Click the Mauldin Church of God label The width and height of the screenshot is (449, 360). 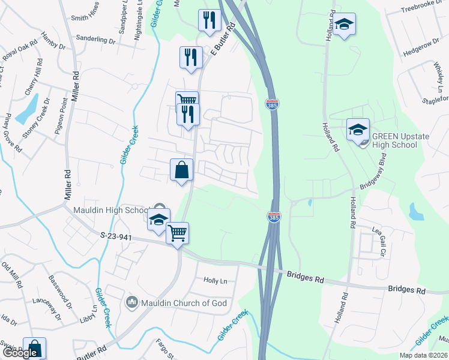[184, 303]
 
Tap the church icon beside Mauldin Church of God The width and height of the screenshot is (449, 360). [133, 302]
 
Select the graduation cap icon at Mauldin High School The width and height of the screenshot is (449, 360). [158, 220]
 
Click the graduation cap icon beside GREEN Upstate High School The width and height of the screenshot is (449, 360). [358, 129]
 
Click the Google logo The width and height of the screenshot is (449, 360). [20, 353]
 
